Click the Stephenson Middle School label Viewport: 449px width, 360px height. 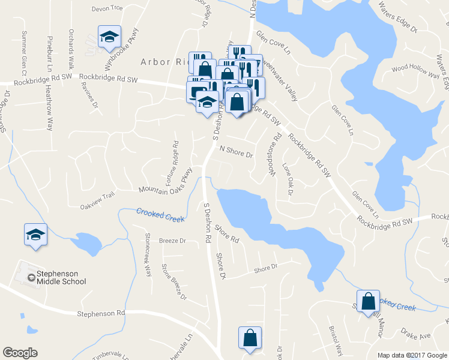61,277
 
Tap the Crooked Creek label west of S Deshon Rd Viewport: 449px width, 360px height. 160,215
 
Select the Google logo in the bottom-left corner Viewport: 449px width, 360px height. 20,353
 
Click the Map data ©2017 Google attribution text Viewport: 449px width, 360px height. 412,355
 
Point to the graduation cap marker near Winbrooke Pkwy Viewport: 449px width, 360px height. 110,37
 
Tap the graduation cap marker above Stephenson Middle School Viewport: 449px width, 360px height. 36,234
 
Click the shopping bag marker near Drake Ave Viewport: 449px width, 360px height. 368,300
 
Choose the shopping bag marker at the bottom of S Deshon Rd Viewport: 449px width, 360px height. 249,338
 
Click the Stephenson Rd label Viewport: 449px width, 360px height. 101,313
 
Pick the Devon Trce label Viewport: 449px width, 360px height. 107,8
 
